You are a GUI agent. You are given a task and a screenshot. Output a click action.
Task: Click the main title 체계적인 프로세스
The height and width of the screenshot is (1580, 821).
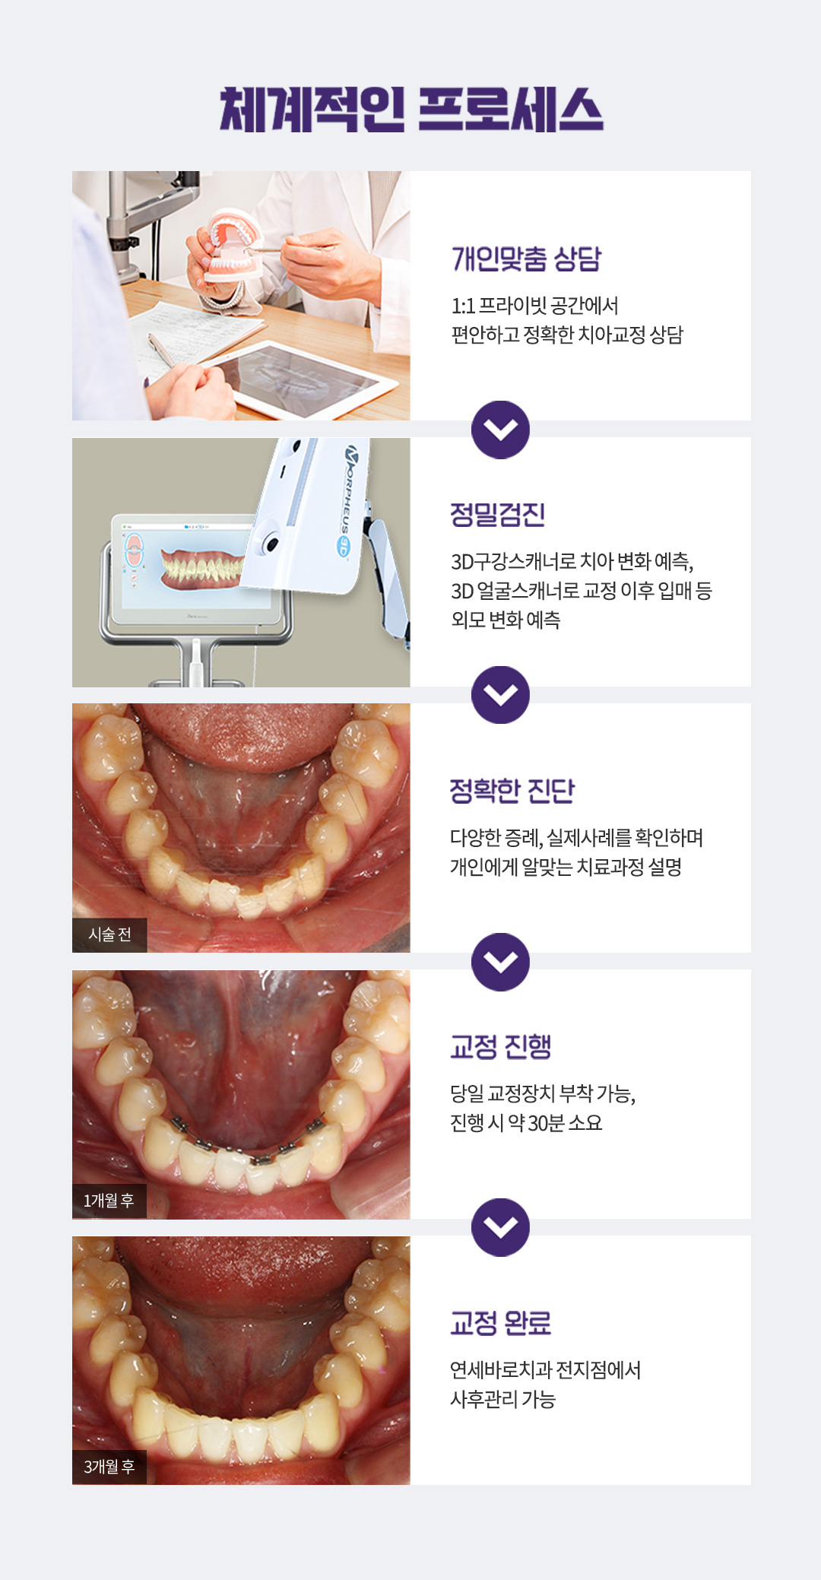tap(410, 109)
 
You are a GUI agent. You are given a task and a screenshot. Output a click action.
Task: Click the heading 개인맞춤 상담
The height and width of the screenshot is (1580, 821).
tap(526, 259)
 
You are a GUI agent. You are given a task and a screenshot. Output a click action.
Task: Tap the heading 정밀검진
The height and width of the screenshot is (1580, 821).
tap(497, 515)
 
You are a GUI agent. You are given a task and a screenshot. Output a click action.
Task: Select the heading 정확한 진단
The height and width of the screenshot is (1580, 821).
tap(512, 791)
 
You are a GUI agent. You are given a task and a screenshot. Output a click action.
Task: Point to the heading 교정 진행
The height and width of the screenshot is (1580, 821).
tap(500, 1047)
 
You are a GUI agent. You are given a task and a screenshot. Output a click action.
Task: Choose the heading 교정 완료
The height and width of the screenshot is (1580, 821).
tap(500, 1324)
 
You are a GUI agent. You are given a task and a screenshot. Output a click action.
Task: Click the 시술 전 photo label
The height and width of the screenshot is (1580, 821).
tap(109, 934)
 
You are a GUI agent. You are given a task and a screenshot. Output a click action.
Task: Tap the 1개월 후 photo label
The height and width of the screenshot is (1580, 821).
tap(109, 1201)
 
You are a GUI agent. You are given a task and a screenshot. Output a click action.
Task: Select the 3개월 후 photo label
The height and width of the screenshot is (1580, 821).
tap(109, 1467)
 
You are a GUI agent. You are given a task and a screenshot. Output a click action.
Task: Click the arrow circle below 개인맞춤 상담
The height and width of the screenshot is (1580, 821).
tap(500, 430)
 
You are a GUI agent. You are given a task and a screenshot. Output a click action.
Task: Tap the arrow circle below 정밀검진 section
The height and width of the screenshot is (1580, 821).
tap(500, 694)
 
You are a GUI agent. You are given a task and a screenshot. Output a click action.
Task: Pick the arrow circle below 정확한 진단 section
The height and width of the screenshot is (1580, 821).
tap(500, 962)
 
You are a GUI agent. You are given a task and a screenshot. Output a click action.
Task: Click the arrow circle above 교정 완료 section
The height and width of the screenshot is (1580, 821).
tap(500, 1227)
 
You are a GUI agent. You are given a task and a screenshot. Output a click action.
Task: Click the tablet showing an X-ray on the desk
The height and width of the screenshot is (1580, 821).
tap(304, 376)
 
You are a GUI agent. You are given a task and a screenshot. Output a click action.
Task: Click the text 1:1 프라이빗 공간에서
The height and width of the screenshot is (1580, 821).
tap(534, 306)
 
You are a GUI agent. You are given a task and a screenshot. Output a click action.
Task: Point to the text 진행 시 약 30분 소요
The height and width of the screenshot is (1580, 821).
tap(526, 1123)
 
